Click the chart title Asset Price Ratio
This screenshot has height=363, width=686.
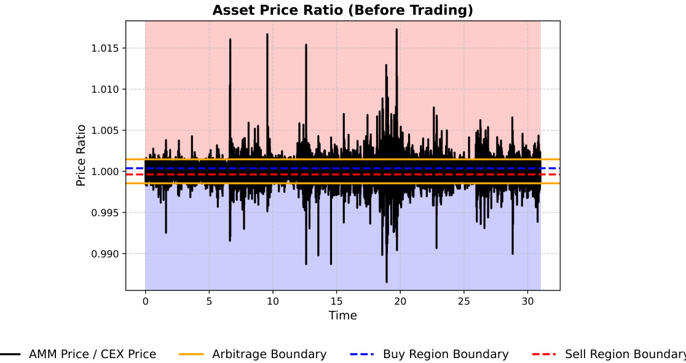pos(342,10)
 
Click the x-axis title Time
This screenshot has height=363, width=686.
pos(342,316)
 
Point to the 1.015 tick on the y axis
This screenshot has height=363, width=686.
pos(106,48)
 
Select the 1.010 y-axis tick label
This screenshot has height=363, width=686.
pos(106,89)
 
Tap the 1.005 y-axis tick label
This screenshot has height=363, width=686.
pos(106,130)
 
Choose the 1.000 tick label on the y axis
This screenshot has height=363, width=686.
pos(106,171)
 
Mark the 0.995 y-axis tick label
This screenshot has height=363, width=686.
pos(106,213)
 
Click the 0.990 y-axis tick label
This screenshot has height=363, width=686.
pos(106,254)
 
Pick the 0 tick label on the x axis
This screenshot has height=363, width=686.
pos(145,301)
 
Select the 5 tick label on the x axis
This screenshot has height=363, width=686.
pos(209,301)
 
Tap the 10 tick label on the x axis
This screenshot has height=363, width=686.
pos(272,301)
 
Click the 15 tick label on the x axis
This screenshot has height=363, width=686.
pos(336,301)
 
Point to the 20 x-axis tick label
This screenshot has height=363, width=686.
pos(400,301)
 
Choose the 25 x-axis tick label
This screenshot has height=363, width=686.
pos(463,301)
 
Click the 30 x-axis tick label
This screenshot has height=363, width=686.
pos(527,301)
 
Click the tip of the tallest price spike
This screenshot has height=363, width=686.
pos(396,29)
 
